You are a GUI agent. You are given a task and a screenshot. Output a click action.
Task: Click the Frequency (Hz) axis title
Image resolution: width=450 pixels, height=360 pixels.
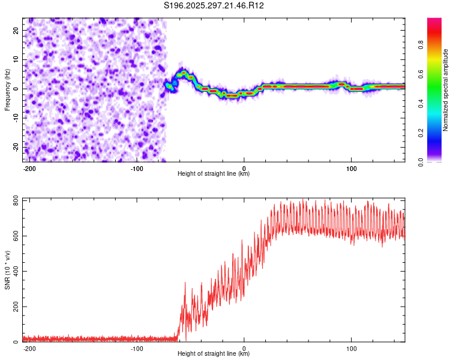(x=7, y=90)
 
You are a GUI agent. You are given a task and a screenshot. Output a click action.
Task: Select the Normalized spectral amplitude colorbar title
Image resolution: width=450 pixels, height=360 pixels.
(x=446, y=90)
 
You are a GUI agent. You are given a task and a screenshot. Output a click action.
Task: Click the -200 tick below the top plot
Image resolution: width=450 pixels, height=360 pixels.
(x=29, y=168)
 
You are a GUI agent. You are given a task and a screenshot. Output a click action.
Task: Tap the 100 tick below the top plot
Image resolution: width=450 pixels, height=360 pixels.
(x=352, y=168)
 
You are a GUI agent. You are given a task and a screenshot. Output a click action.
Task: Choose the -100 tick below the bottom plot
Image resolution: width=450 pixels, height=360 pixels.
(x=137, y=348)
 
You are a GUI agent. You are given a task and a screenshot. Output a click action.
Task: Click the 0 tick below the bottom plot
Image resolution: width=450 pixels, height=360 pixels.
(x=244, y=348)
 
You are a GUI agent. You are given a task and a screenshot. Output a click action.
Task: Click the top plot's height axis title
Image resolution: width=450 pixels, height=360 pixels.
(x=214, y=174)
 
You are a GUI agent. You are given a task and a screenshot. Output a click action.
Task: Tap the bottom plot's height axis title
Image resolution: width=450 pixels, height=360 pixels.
(x=214, y=354)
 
